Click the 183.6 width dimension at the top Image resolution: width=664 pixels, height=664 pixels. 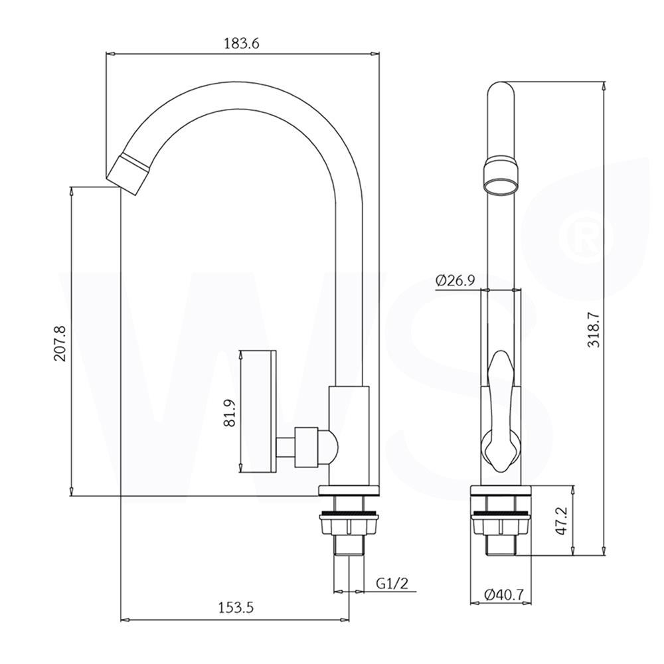(x=240, y=42)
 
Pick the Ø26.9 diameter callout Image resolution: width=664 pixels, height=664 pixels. (x=455, y=280)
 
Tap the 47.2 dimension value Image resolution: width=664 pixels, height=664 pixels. (x=561, y=522)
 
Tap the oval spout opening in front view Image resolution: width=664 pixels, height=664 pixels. (x=501, y=184)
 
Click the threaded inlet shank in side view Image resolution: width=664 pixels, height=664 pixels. (x=349, y=544)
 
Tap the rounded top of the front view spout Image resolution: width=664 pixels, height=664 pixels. (x=501, y=90)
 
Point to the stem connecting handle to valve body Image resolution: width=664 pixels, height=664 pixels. (x=287, y=446)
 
